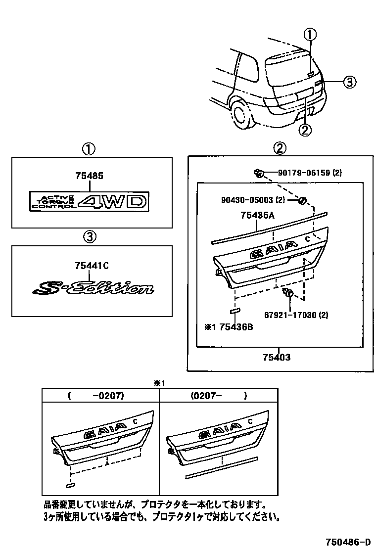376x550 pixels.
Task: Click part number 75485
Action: pos(90,176)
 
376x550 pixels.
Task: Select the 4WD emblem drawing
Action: pos(89,201)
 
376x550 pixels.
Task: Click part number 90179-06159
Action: pos(310,173)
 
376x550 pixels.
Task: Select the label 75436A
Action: pos(258,216)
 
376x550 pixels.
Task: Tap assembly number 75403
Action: pos(276,357)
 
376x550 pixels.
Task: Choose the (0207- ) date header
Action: pos(219,395)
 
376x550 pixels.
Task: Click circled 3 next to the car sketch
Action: pos(349,82)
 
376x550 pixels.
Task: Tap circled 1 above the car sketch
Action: pos(310,35)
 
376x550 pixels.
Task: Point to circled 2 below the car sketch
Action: pos(305,130)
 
